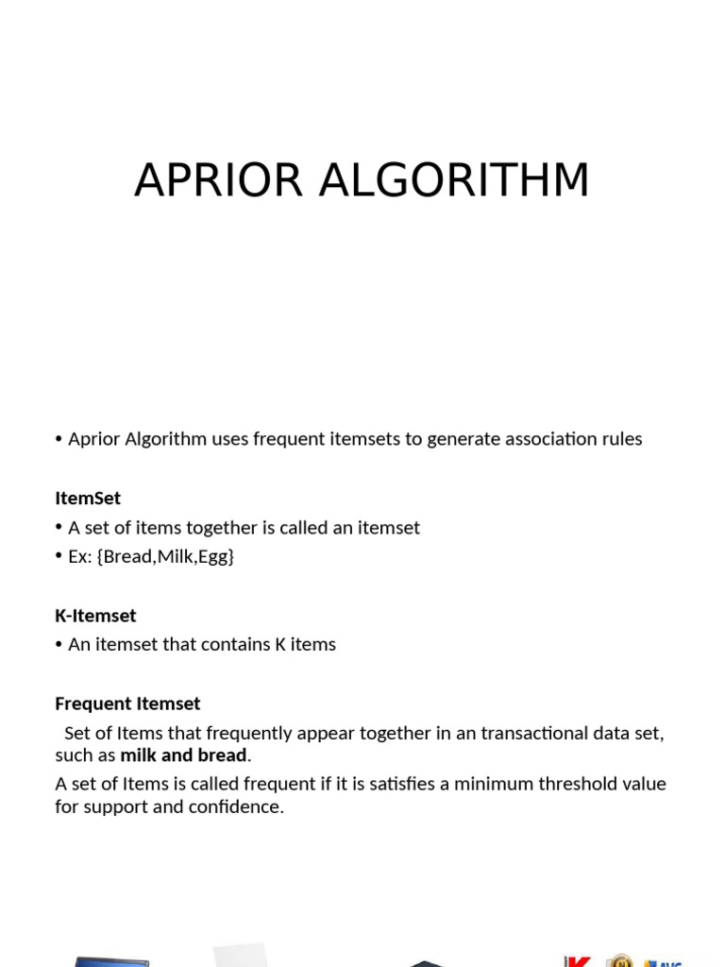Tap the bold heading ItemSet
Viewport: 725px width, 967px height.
(x=88, y=498)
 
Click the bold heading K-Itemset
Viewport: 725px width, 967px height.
(x=95, y=616)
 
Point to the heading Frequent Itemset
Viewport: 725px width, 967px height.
(x=127, y=704)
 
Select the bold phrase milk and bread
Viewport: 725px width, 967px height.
(x=183, y=755)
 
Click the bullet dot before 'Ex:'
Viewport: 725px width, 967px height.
(x=59, y=556)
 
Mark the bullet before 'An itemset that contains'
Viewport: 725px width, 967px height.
(x=59, y=645)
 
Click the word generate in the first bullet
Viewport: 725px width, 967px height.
(x=462, y=439)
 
